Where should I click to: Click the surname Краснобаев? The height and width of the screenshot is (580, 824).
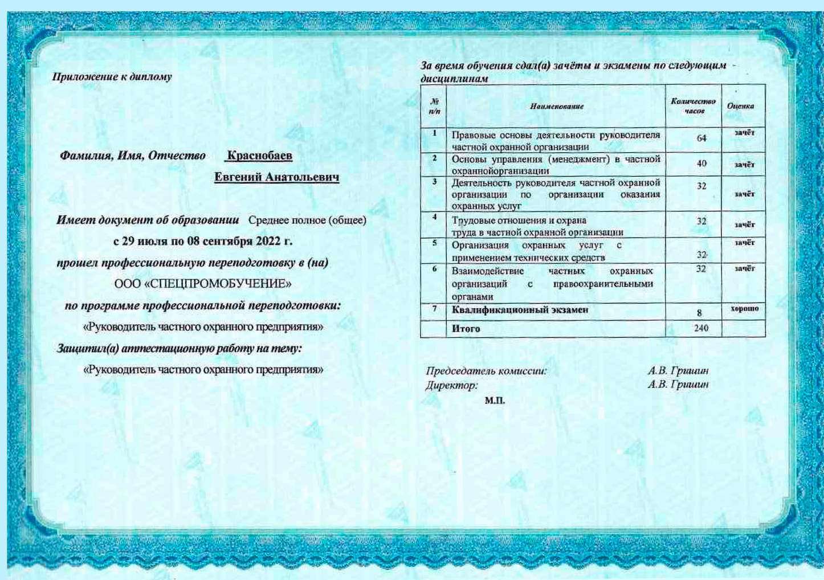point(259,155)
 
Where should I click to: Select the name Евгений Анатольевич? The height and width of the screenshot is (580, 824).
point(276,177)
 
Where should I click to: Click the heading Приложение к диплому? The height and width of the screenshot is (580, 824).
point(112,76)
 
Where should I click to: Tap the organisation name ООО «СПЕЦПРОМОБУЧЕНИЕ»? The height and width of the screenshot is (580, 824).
point(203,284)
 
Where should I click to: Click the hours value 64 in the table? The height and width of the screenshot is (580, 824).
point(701,138)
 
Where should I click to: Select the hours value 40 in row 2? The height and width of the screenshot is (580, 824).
point(701,164)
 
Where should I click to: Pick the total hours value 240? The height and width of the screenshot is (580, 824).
point(701,328)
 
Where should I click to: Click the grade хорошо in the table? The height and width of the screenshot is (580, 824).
point(744,309)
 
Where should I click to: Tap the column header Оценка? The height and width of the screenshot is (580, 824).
point(740,106)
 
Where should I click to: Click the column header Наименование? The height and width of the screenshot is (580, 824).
point(556,107)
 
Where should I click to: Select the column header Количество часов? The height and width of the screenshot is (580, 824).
point(693,106)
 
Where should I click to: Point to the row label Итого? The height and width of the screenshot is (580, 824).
point(466,329)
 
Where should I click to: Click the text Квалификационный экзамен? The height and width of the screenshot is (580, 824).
point(520,310)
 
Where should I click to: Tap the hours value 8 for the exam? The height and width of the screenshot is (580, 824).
point(699,313)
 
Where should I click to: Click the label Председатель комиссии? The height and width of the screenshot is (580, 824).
point(486,371)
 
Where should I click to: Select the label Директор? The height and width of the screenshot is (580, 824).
point(451,386)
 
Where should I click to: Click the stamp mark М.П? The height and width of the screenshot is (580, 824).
point(495,401)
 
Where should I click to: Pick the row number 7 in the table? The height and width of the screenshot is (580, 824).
point(434,308)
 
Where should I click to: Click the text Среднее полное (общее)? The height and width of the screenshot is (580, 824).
point(307,220)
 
